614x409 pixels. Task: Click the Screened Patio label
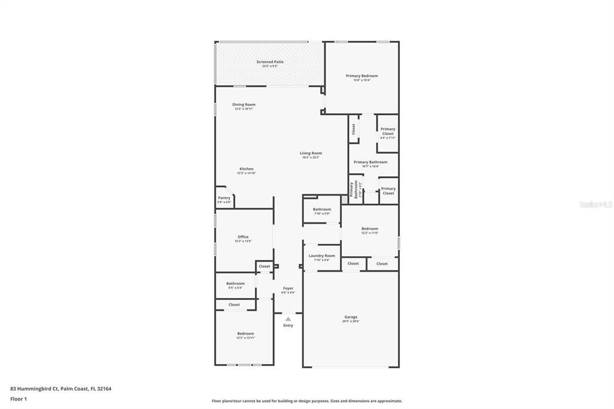[270, 62]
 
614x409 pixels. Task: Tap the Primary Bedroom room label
[362, 77]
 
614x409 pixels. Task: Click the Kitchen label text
[246, 169]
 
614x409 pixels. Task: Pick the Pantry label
[224, 199]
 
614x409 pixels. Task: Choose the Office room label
[243, 237]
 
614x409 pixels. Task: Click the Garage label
[351, 318]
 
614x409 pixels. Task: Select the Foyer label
[288, 289]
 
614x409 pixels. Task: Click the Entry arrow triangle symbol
[288, 319]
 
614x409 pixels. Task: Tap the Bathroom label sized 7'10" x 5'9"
[322, 210]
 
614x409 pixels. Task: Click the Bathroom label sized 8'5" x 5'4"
[235, 284]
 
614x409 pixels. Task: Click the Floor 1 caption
[19, 399]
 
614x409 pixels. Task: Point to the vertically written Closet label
[354, 129]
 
